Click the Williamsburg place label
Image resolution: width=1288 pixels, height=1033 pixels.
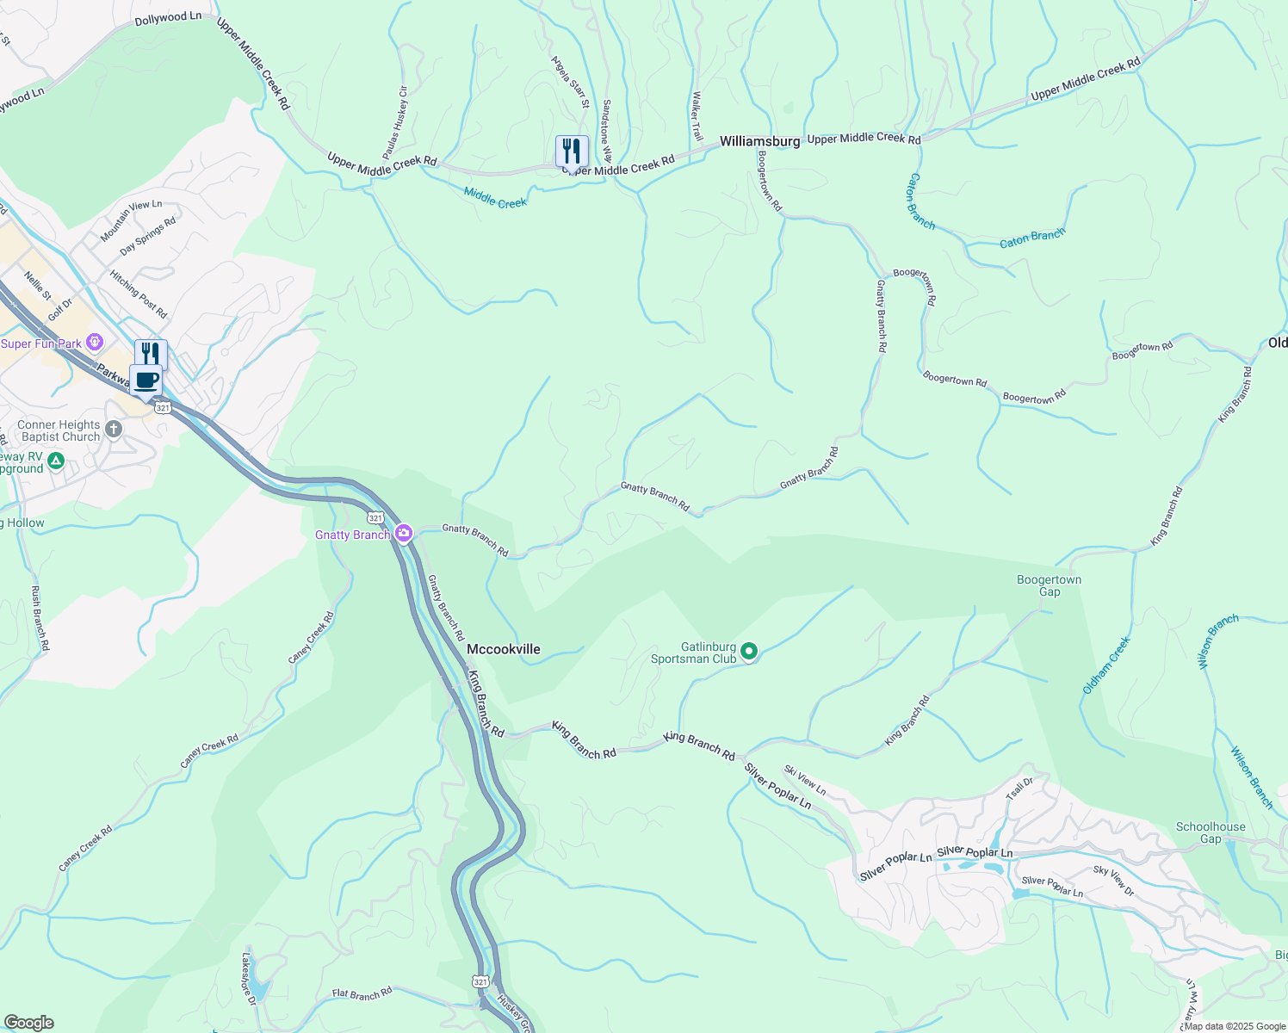(759, 141)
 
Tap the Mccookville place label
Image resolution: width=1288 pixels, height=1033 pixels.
(503, 649)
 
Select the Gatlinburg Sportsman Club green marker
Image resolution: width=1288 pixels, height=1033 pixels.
(749, 652)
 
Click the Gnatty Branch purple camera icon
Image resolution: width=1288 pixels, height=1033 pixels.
(403, 535)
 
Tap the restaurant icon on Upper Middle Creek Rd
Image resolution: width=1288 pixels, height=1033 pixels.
(572, 152)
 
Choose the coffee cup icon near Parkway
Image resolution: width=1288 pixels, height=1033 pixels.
(146, 380)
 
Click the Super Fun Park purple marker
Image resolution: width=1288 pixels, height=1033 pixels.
(95, 343)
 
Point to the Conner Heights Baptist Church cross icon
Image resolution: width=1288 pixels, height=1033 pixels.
(114, 429)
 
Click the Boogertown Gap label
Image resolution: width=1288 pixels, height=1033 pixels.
(1049, 585)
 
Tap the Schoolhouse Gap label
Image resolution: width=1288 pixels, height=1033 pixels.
(1211, 832)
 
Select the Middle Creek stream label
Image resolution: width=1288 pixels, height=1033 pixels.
(495, 198)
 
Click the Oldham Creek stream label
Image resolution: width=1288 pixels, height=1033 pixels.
(1106, 665)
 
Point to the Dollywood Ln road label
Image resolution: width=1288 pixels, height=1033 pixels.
(168, 18)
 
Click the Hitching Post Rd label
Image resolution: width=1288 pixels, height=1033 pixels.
(138, 294)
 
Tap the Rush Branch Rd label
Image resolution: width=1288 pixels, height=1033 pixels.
(40, 618)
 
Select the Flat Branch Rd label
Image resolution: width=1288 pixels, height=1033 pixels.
(362, 993)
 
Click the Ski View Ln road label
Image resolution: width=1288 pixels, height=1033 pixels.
(805, 780)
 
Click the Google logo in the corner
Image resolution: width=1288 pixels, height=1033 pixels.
(28, 1023)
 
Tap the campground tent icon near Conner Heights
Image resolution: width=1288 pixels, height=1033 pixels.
(56, 461)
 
